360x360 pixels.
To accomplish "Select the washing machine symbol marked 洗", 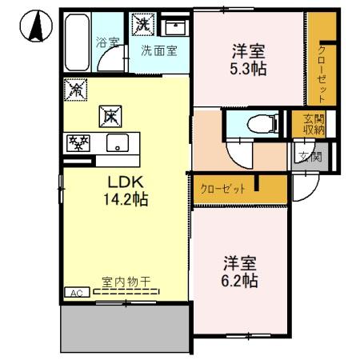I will tap(142, 25).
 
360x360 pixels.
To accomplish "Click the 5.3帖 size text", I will tap(247, 69).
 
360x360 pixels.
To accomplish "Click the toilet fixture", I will tap(254, 123).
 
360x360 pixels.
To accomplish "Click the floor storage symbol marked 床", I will tap(109, 117).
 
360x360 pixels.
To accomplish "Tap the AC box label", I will tap(78, 294).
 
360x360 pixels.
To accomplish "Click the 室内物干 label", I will tap(126, 283).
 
